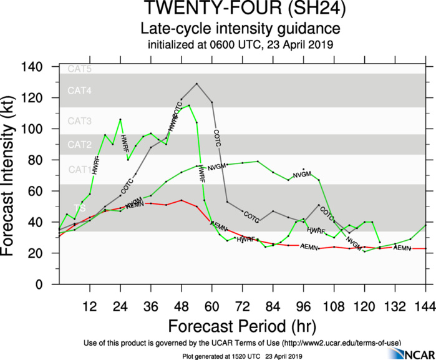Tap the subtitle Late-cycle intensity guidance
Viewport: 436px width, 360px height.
pos(240,29)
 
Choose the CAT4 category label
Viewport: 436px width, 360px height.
pos(79,91)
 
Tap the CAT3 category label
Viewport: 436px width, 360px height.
pos(79,120)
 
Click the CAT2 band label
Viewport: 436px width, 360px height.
pos(79,145)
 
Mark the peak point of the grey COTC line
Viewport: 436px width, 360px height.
pos(196,84)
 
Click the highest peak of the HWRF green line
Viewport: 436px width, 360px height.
pos(189,105)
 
